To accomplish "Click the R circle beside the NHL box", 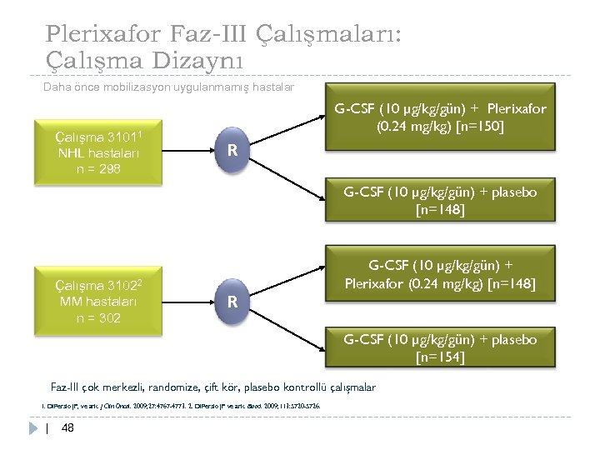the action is (234, 151).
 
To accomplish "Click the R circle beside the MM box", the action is (234, 300).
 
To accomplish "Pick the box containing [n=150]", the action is (440, 119).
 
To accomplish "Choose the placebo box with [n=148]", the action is (440, 201).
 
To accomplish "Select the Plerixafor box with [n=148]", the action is (440, 274).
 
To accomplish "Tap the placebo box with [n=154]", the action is (440, 348).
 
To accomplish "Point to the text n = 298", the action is (98, 169).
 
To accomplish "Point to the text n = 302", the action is (98, 317).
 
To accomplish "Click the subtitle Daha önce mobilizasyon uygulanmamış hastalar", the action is (167, 87).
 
